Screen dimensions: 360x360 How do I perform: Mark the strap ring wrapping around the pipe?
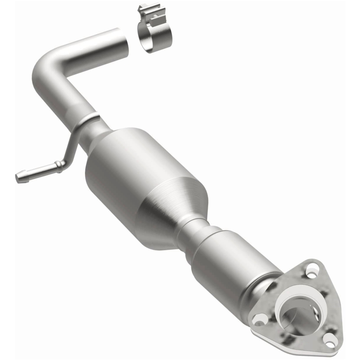(x=88, y=121)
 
